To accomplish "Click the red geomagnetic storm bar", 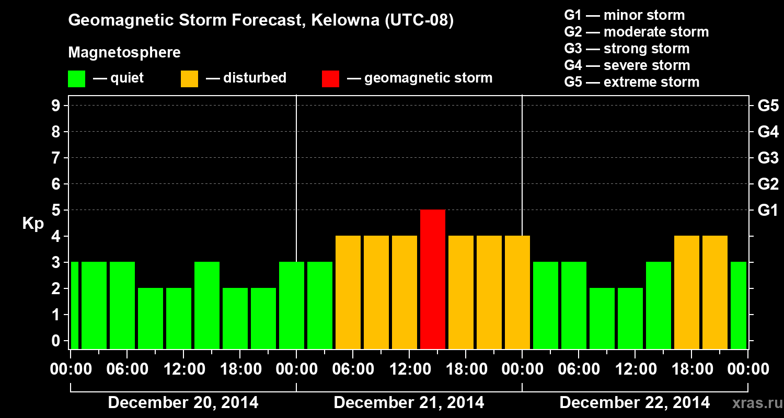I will (433, 279).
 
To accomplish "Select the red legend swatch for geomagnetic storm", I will (330, 78).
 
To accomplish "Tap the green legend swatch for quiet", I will (76, 78).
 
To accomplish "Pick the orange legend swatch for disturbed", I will (189, 78).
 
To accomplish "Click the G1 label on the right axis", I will (768, 211).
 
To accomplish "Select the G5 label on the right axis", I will (768, 106).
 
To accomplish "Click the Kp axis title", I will (33, 224).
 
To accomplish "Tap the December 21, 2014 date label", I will (409, 403).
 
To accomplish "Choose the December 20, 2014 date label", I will (183, 403).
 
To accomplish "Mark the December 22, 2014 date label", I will (635, 403).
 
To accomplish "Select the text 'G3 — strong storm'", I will (627, 49).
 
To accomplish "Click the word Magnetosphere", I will (124, 53).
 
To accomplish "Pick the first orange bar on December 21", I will (348, 292).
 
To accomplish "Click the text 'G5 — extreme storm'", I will (631, 82).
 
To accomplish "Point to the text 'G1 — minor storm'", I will (624, 15).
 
